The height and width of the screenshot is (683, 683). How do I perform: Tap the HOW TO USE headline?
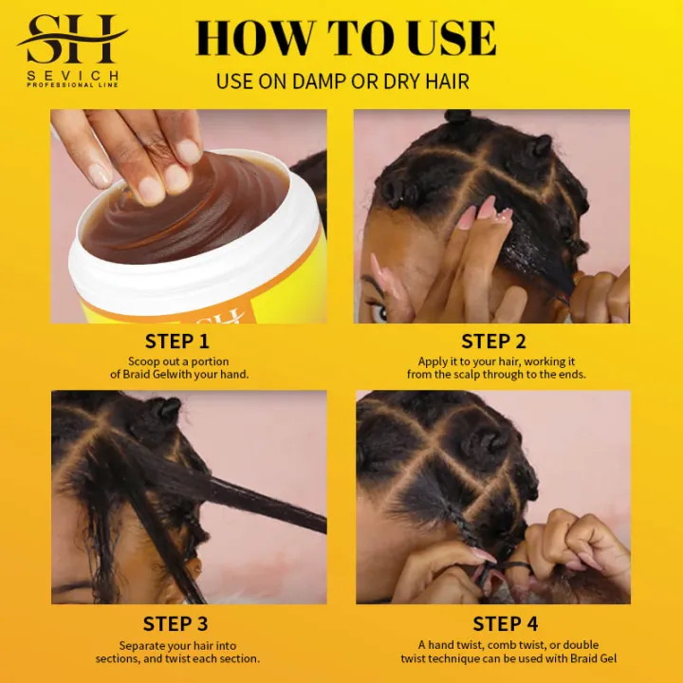click(345, 38)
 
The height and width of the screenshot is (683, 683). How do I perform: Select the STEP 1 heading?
click(177, 341)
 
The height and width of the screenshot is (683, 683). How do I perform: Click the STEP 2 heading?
click(493, 341)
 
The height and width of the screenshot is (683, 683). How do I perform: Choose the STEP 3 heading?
click(177, 623)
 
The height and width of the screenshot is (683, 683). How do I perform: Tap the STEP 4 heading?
click(493, 623)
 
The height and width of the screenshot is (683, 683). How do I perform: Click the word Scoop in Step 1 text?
click(145, 361)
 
